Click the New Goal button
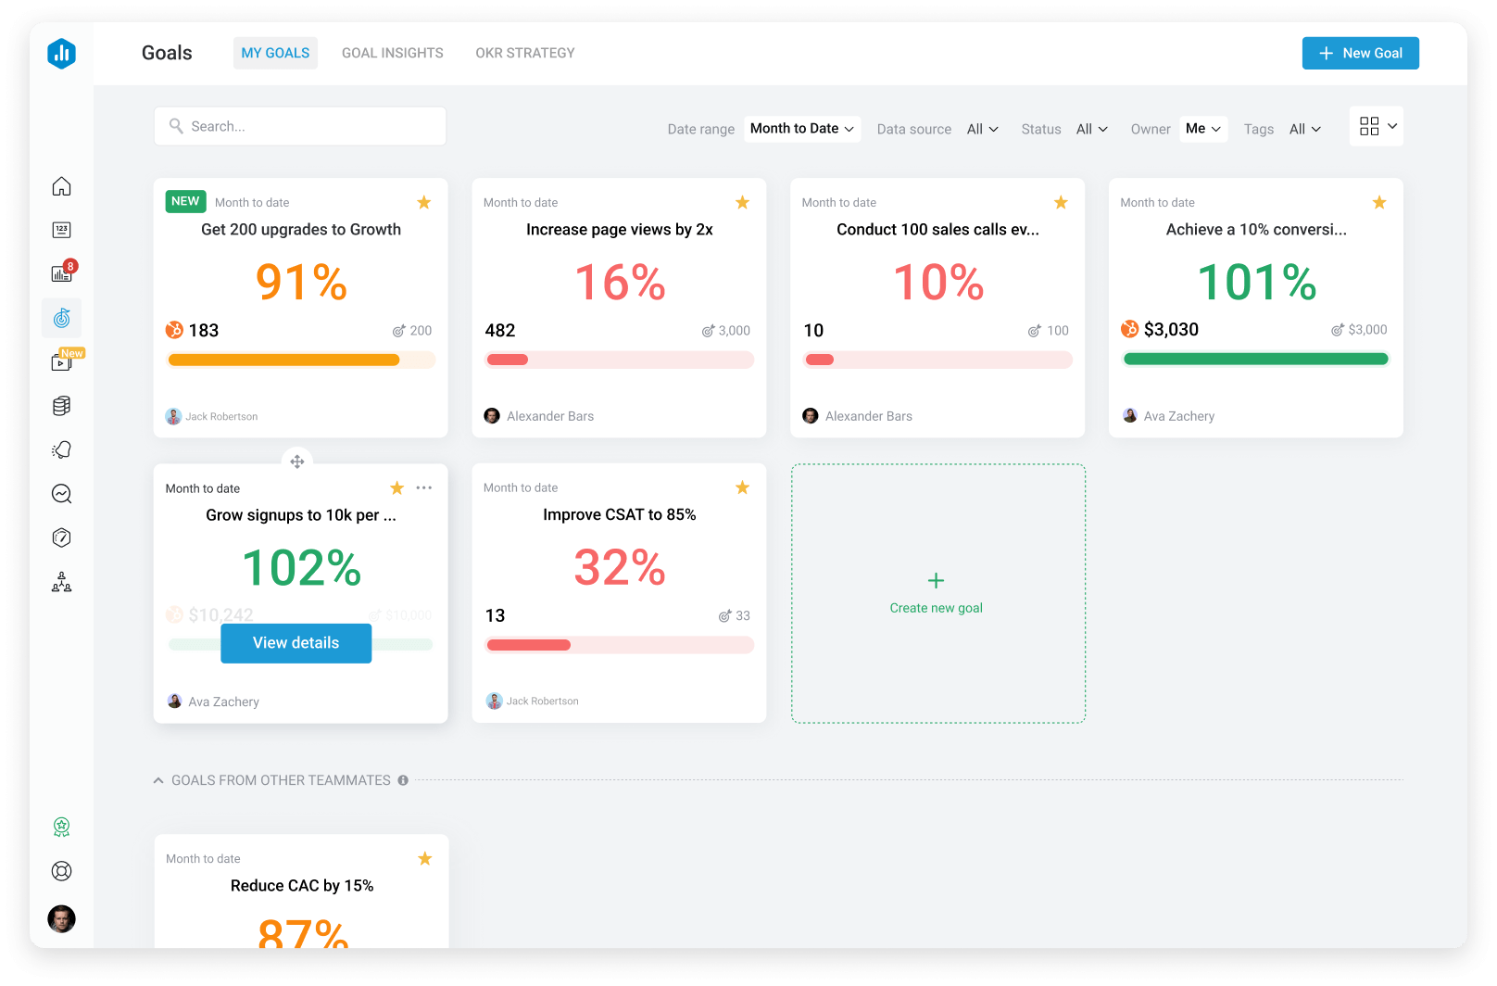click(1360, 53)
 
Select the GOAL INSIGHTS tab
click(392, 53)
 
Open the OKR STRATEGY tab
click(524, 53)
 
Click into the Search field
click(300, 126)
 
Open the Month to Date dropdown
click(801, 129)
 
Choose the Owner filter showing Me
click(1203, 129)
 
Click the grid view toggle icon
click(1368, 127)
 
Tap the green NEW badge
click(185, 201)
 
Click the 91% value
click(301, 282)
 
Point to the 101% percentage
click(1256, 282)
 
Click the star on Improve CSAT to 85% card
click(742, 487)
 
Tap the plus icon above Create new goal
click(936, 580)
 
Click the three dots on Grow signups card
click(424, 487)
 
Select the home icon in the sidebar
click(61, 186)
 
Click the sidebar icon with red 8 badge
click(61, 273)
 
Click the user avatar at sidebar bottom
click(61, 918)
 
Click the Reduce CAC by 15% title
click(302, 885)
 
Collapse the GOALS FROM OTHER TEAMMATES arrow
click(158, 780)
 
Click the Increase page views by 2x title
click(619, 229)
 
